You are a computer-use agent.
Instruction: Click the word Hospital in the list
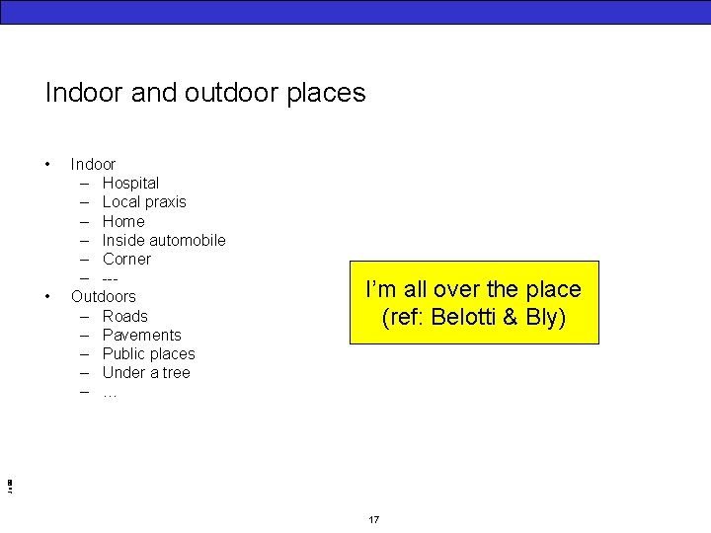point(130,183)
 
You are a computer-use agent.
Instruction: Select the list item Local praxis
point(144,201)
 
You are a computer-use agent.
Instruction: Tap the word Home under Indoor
point(123,221)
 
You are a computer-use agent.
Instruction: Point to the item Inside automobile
point(164,240)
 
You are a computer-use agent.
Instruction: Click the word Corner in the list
point(126,259)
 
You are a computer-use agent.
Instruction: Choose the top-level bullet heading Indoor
point(93,164)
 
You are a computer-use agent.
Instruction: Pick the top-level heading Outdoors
point(104,296)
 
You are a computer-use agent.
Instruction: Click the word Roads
point(124,316)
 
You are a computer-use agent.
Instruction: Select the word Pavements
point(141,335)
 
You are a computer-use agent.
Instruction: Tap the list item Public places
point(148,353)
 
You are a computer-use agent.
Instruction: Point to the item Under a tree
point(146,372)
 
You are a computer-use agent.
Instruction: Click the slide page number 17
point(373,520)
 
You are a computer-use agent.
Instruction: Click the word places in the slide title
point(326,94)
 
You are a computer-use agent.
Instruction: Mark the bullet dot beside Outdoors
point(46,296)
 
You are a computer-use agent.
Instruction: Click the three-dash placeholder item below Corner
point(111,277)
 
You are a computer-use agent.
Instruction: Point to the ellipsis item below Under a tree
point(110,393)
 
